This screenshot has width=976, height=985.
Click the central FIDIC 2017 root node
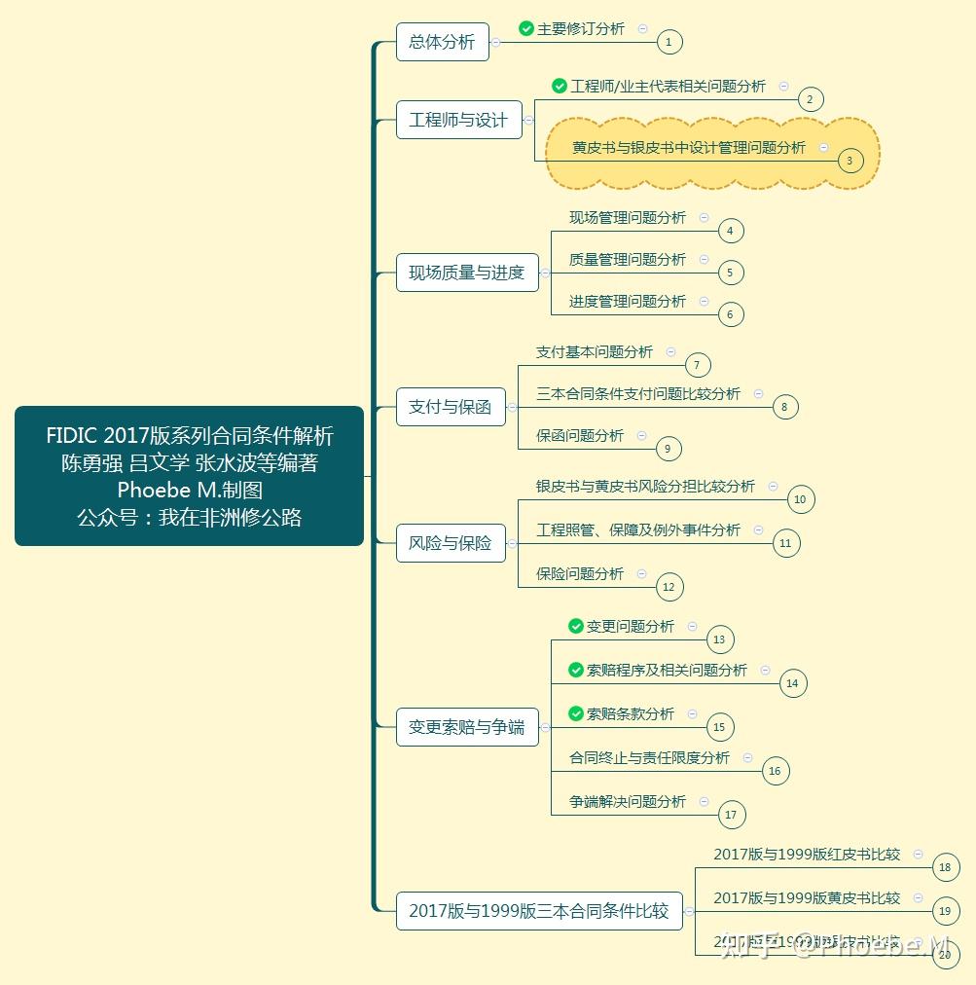pyautogui.click(x=189, y=476)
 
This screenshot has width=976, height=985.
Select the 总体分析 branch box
pyautogui.click(x=442, y=42)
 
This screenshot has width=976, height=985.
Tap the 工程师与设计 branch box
pyautogui.click(x=458, y=120)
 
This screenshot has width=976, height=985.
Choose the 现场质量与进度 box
pyautogui.click(x=466, y=273)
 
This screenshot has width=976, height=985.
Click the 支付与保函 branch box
pyautogui.click(x=450, y=407)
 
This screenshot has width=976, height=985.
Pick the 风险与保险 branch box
pyautogui.click(x=450, y=543)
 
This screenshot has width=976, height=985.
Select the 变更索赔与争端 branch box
pyautogui.click(x=466, y=727)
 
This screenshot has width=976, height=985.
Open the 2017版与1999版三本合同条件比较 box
pyautogui.click(x=539, y=911)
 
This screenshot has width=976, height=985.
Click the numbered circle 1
pyautogui.click(x=669, y=42)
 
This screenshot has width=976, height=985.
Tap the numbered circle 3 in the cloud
pyautogui.click(x=849, y=161)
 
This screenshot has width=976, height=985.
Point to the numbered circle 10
pyautogui.click(x=800, y=499)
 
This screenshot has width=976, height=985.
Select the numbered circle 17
pyautogui.click(x=731, y=815)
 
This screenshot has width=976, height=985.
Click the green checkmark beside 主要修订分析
pyautogui.click(x=526, y=29)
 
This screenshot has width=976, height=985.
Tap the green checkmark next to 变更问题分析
pyautogui.click(x=576, y=627)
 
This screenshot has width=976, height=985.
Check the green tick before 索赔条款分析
pyautogui.click(x=576, y=714)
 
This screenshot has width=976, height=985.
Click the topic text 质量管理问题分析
pyautogui.click(x=628, y=260)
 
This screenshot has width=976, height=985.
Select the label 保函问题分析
pyautogui.click(x=580, y=436)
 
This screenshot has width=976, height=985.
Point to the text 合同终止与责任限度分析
pyautogui.click(x=649, y=757)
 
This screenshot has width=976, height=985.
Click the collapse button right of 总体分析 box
pyautogui.click(x=496, y=42)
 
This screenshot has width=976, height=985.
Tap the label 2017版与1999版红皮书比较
pyautogui.click(x=807, y=855)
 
